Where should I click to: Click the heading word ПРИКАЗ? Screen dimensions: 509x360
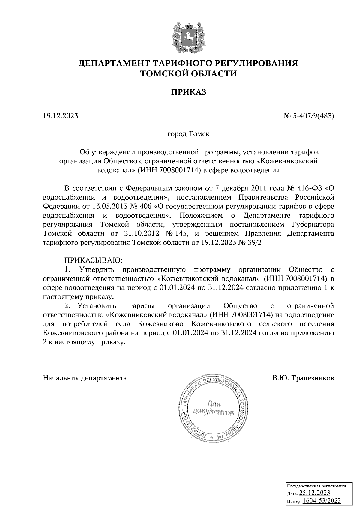click(189, 92)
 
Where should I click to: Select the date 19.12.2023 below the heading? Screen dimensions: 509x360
click(61, 115)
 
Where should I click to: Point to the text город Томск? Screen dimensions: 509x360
click(188, 134)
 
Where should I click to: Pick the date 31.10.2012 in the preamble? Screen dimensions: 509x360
click(142, 234)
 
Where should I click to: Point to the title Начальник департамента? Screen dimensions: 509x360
click(85, 378)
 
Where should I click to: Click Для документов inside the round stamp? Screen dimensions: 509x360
click(213, 408)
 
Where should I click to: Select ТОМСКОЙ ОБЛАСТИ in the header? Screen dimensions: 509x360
click(189, 73)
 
